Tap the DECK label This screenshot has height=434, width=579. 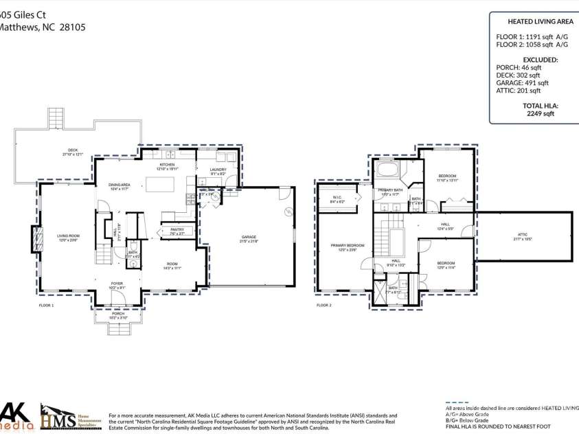point(72,152)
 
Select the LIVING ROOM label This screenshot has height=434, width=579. point(68,238)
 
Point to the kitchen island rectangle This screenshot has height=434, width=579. point(160,184)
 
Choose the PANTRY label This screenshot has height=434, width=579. point(177,231)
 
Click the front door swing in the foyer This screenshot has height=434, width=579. point(119,297)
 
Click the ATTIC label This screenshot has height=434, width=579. point(523,236)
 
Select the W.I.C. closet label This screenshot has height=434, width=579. point(337,200)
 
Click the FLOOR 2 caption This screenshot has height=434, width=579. point(323,305)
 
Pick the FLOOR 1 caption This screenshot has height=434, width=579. point(47,305)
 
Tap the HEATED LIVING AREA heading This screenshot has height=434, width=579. point(532,22)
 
